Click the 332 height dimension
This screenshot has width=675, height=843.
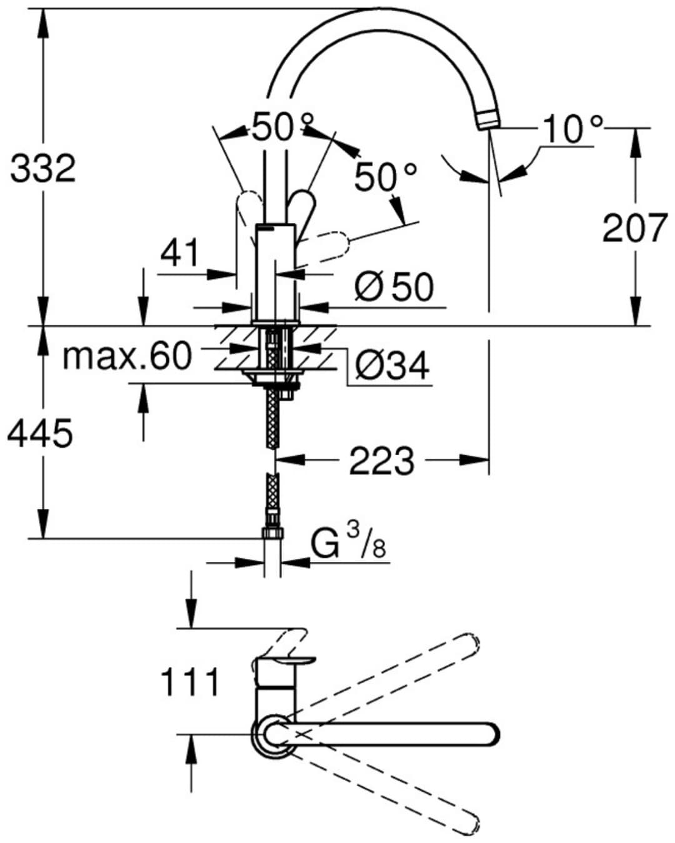coord(42,168)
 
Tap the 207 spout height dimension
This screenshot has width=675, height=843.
coord(634,227)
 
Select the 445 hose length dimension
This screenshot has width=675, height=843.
coord(40,433)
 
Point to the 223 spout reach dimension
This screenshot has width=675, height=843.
coord(382,461)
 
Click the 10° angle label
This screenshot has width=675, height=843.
coord(573,130)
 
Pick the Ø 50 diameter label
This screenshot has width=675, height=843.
coord(394,287)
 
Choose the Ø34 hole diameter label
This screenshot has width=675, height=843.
coord(392,365)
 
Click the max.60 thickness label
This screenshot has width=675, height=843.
coord(127,356)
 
